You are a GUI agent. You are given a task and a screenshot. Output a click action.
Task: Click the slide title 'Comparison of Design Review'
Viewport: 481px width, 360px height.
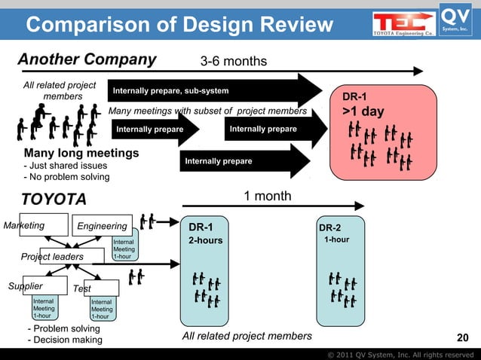(x=179, y=26)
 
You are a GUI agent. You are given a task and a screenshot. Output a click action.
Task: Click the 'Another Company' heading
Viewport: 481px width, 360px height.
(x=87, y=59)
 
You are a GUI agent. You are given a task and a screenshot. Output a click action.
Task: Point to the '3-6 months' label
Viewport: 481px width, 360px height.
(x=233, y=60)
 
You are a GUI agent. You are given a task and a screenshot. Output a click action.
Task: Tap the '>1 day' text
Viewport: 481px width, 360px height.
(x=363, y=112)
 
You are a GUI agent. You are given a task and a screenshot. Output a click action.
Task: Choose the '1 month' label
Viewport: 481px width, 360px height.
(x=268, y=197)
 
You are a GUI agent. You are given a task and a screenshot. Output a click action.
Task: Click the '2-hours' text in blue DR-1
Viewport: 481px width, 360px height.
(x=204, y=240)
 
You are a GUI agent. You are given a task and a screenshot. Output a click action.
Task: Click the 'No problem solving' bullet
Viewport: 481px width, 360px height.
(x=67, y=177)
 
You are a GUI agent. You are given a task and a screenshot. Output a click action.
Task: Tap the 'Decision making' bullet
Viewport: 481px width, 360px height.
(x=64, y=340)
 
